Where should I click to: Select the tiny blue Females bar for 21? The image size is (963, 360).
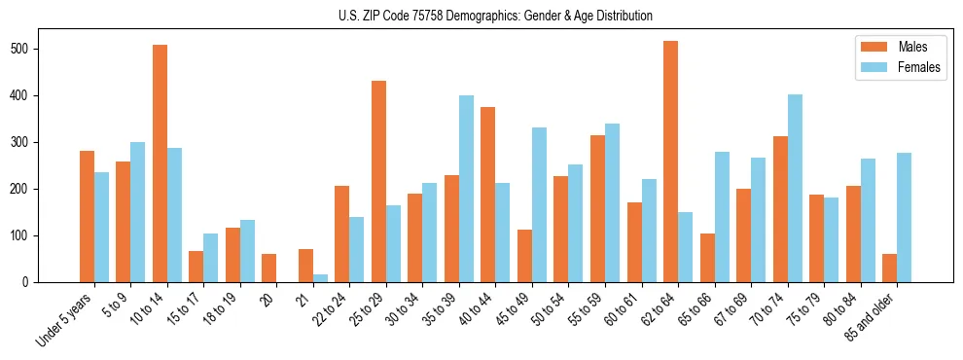click(x=320, y=278)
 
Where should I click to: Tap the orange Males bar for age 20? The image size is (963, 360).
click(x=268, y=268)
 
